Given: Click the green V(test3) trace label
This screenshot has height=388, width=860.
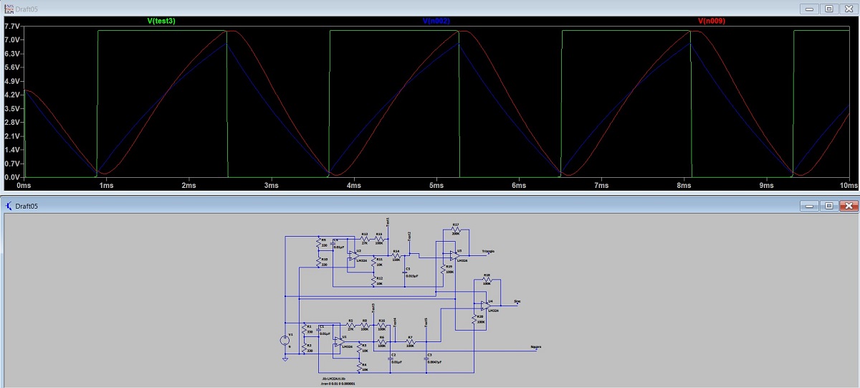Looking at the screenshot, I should [x=161, y=22].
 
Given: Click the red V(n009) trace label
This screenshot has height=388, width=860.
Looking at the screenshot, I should [x=712, y=22].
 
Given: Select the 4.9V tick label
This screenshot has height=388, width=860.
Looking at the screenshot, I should [x=12, y=95].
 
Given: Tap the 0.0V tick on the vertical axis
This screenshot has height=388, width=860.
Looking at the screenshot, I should [x=12, y=177].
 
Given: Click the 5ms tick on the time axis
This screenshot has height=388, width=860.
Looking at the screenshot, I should [x=436, y=186].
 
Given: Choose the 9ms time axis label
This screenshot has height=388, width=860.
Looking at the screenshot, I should [x=766, y=186].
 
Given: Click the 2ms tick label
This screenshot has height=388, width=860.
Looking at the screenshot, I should [x=188, y=186].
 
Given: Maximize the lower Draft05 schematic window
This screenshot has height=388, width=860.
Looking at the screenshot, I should [x=829, y=206].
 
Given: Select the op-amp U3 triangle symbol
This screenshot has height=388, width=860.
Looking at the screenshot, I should [x=452, y=255].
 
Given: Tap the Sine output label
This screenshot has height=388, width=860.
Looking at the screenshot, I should [x=517, y=302].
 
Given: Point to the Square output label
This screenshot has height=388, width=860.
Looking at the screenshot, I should [x=535, y=347].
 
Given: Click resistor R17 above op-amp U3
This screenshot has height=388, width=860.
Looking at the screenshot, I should [x=456, y=229].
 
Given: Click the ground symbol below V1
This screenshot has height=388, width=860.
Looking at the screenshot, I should [x=285, y=358].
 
